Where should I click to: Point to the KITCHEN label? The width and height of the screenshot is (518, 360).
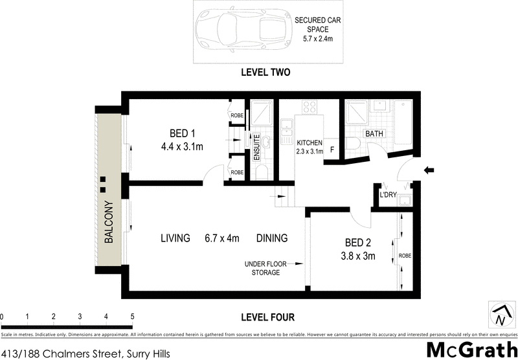click(310, 142)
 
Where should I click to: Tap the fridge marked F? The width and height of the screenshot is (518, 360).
click(332, 150)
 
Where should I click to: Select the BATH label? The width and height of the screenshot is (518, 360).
click(374, 134)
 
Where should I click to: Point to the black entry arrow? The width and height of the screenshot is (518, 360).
click(429, 170)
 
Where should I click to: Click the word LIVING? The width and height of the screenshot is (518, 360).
click(175, 238)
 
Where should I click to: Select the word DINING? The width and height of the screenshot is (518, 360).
click(271, 238)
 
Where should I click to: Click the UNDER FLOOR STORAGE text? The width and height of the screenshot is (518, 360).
click(266, 268)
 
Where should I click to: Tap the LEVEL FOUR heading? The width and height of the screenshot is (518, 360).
click(266, 317)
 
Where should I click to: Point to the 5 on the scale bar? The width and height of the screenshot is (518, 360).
click(132, 317)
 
